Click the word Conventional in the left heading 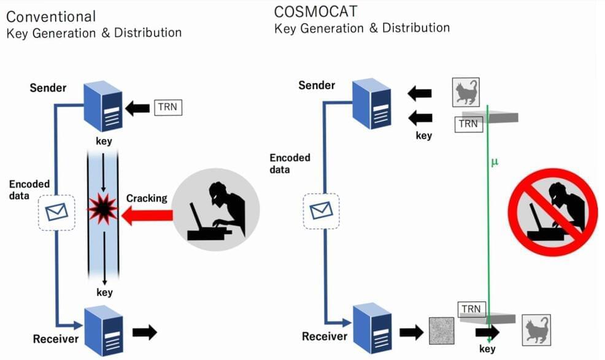click(x=51, y=16)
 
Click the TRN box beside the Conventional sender click(x=168, y=108)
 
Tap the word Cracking click(x=147, y=198)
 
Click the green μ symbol click(x=495, y=163)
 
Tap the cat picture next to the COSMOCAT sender click(x=465, y=93)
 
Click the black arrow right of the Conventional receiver click(x=145, y=332)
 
